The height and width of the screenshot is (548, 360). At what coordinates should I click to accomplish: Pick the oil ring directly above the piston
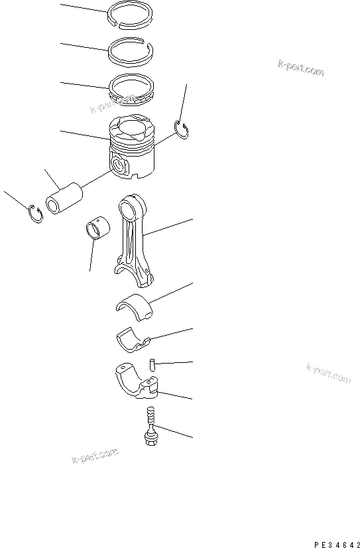[131, 87]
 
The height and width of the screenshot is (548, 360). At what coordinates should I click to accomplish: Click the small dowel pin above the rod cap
[152, 364]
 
